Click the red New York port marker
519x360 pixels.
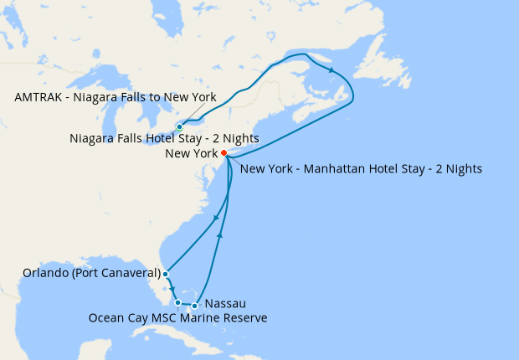coord(224,153)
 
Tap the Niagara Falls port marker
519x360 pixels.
coord(180,127)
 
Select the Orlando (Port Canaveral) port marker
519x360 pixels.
coord(166,274)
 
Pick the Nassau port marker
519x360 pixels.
coord(195,306)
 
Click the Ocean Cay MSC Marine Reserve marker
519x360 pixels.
coord(178,302)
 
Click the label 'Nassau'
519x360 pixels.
coord(225,303)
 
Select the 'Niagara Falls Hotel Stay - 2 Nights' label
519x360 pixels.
coord(164,138)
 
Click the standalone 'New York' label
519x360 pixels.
coord(192,153)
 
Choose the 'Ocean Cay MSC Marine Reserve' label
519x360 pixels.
coord(178,317)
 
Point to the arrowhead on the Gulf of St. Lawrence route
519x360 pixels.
coord(332,70)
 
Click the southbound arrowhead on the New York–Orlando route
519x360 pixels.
coord(216,219)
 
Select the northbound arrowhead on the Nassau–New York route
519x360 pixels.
coord(219,236)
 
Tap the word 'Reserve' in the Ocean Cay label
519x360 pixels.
coord(245,317)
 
